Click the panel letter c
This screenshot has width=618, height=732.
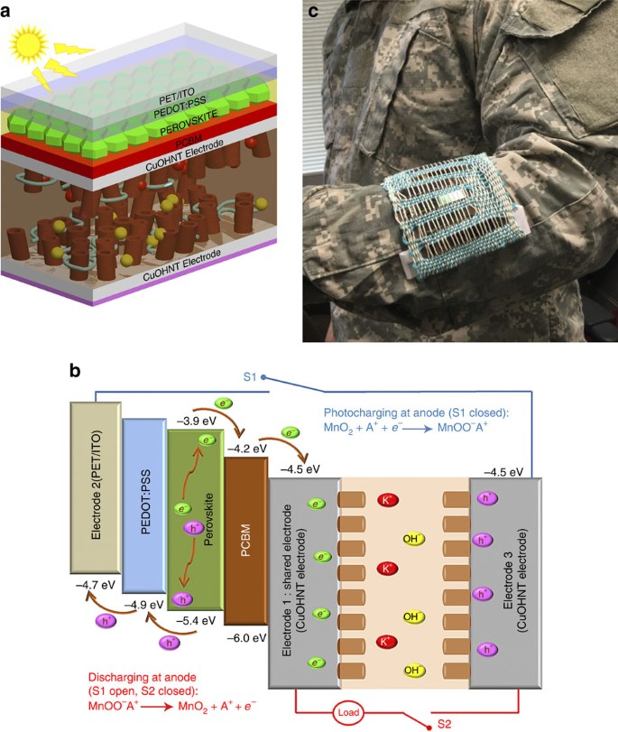pyautogui.click(x=315, y=11)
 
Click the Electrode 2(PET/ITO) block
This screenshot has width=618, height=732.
pyautogui.click(x=95, y=487)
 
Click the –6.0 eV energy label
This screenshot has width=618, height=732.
pyautogui.click(x=247, y=638)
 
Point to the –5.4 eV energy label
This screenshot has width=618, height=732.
pyautogui.click(x=193, y=620)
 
